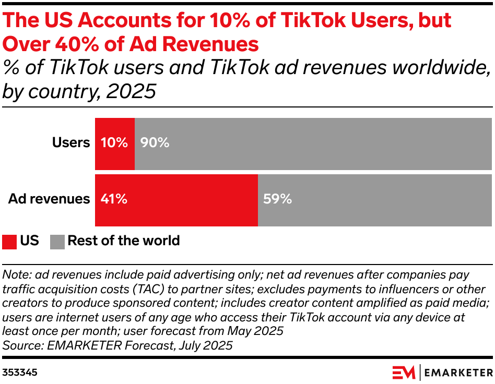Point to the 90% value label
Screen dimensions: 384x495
click(155, 142)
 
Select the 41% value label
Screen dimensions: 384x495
click(114, 199)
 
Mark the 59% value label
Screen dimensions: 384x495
click(277, 199)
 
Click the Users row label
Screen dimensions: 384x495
click(71, 142)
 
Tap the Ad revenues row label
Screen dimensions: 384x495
click(49, 199)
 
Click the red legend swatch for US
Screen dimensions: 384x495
click(9, 242)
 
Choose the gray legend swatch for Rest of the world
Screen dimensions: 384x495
click(57, 242)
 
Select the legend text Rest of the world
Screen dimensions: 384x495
click(124, 241)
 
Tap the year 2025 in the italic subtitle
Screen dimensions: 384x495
click(131, 91)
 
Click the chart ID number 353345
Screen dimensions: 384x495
click(20, 373)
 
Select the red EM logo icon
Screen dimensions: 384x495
click(403, 373)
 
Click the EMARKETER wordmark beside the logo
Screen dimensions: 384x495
click(458, 373)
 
